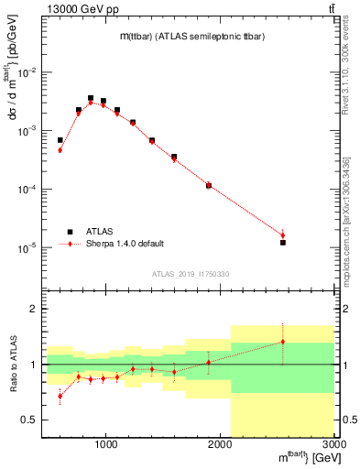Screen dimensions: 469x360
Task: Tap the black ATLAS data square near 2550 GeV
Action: tap(283, 243)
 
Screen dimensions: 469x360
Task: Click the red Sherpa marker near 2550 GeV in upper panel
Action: tap(283, 235)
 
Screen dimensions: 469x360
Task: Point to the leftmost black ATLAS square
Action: tap(60, 140)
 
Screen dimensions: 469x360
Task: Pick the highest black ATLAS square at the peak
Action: tap(91, 98)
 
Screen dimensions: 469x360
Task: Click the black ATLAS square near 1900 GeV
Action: tap(209, 186)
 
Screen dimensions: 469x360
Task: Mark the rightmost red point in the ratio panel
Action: tap(283, 342)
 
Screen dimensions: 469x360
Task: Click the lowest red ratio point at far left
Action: tap(60, 396)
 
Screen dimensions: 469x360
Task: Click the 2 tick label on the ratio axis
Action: tap(34, 310)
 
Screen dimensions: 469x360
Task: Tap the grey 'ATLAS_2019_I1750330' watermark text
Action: tap(191, 274)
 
